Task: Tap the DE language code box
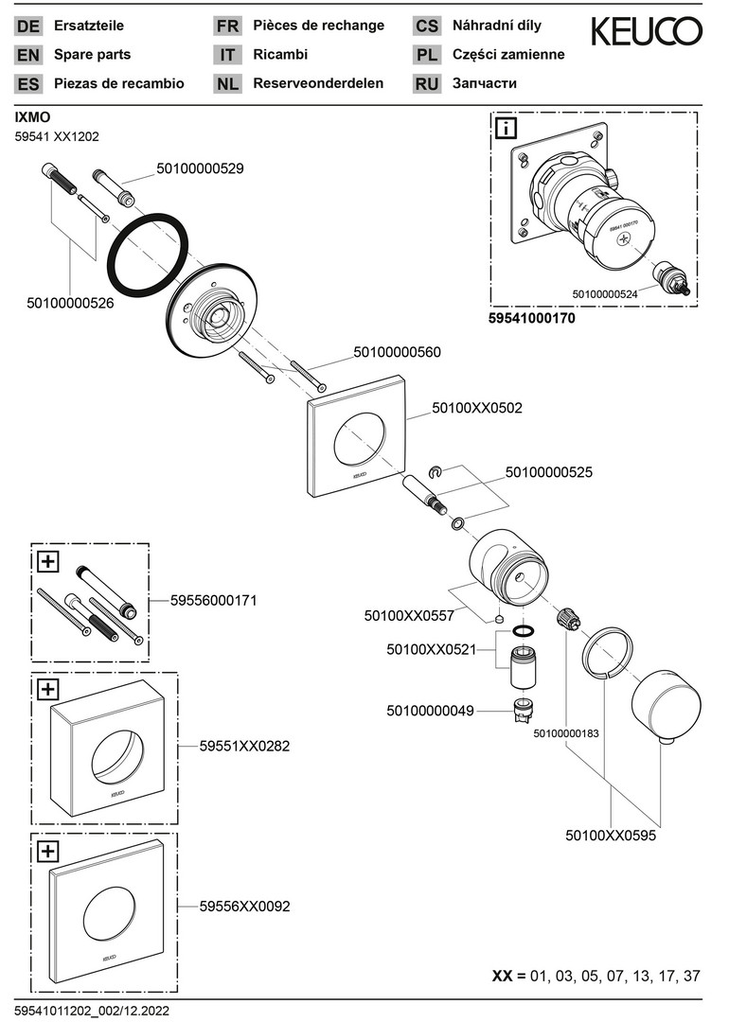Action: (x=28, y=26)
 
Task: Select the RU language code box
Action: (x=427, y=84)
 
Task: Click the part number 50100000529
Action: (x=200, y=169)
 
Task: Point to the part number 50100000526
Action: (x=70, y=303)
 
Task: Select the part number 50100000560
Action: (x=397, y=352)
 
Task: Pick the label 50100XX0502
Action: (x=477, y=409)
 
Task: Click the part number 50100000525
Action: (x=549, y=470)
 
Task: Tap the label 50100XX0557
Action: (x=409, y=615)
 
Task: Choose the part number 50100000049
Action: (x=430, y=710)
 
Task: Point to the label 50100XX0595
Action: (x=611, y=836)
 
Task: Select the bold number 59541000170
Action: (x=531, y=319)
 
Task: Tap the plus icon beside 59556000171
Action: (x=47, y=561)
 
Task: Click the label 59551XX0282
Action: (x=244, y=746)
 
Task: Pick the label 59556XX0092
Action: (x=244, y=906)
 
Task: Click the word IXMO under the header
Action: (x=32, y=117)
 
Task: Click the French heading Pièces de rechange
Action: (x=318, y=26)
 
